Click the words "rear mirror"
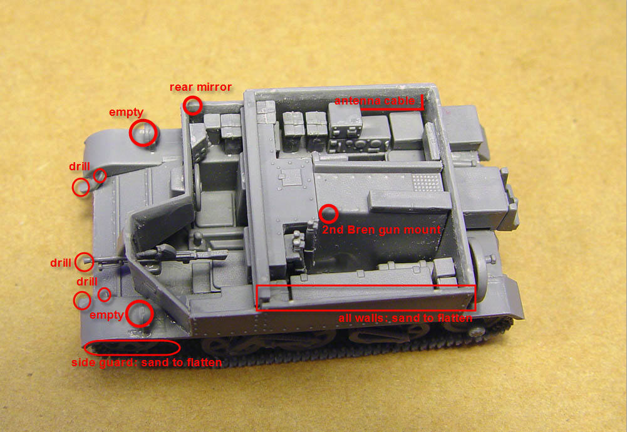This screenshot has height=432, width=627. (x=200, y=87)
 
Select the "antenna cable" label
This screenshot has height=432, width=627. (x=375, y=101)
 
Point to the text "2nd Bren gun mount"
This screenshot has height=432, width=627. (x=381, y=230)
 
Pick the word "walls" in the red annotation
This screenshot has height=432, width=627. (x=370, y=318)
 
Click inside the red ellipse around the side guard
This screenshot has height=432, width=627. (x=132, y=347)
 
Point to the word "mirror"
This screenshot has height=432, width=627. (x=216, y=87)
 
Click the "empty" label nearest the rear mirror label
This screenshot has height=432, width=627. (x=126, y=112)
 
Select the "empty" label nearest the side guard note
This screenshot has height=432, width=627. (x=106, y=316)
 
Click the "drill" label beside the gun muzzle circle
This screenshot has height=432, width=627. (x=61, y=263)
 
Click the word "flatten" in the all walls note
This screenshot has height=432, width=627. (x=455, y=318)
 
